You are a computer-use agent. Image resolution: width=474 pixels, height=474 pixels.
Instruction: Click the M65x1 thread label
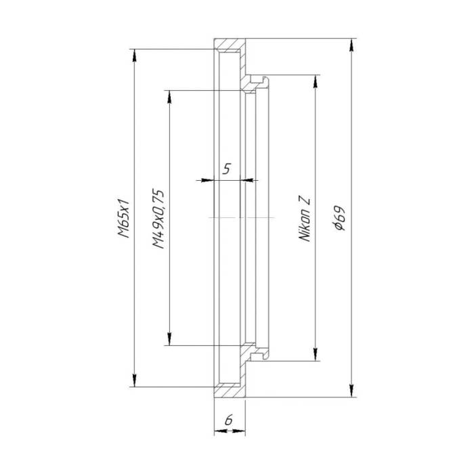[124, 218]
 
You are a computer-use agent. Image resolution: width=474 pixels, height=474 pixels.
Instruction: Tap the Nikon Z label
[305, 221]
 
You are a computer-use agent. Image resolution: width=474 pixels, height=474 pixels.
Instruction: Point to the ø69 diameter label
[339, 218]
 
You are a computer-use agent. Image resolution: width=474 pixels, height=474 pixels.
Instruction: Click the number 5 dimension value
[227, 169]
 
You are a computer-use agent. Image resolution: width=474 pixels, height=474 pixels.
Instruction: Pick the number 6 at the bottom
[229, 420]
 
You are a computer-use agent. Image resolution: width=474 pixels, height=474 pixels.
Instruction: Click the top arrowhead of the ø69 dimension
[351, 45]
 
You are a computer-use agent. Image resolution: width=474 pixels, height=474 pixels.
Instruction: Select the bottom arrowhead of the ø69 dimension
[351, 391]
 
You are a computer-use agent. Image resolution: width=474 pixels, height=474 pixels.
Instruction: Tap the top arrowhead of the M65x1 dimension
[135, 56]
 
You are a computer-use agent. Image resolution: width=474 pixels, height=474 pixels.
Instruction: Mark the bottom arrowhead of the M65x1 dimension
[135, 381]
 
